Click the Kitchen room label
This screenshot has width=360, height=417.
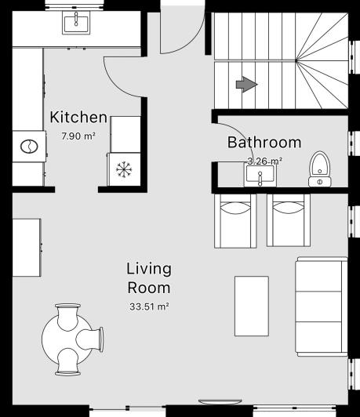78,118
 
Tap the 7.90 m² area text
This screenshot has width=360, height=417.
78,136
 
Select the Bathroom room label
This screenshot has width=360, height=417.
264,143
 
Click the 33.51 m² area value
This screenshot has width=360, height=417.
149,306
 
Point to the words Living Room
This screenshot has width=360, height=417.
149,277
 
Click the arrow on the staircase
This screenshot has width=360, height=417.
246,84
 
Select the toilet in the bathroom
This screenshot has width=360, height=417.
319,167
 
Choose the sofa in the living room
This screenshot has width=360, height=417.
320,306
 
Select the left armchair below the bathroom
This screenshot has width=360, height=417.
235,220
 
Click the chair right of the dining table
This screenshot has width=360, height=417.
91,338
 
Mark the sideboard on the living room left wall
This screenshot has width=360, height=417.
27,247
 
